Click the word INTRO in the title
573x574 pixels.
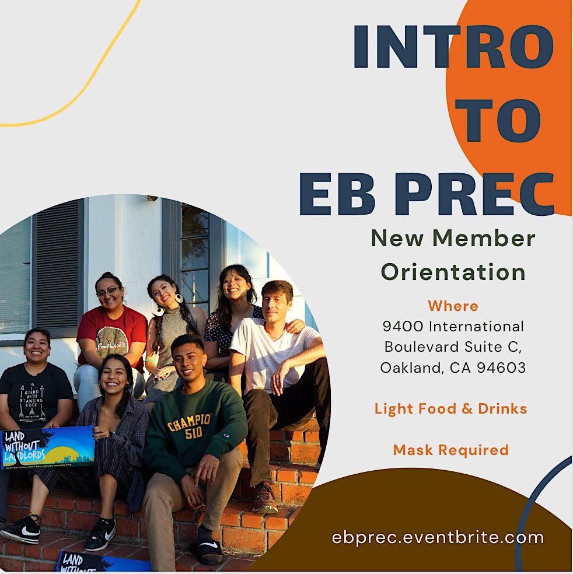point(453,47)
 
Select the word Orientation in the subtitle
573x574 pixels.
point(453,272)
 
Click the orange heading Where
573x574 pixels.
point(453,306)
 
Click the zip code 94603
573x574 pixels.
point(501,367)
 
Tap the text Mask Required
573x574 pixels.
point(450,450)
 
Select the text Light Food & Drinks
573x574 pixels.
point(450,408)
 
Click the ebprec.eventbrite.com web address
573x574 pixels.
point(438,537)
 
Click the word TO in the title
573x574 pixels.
point(497,120)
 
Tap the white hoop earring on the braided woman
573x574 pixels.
point(177,298)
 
